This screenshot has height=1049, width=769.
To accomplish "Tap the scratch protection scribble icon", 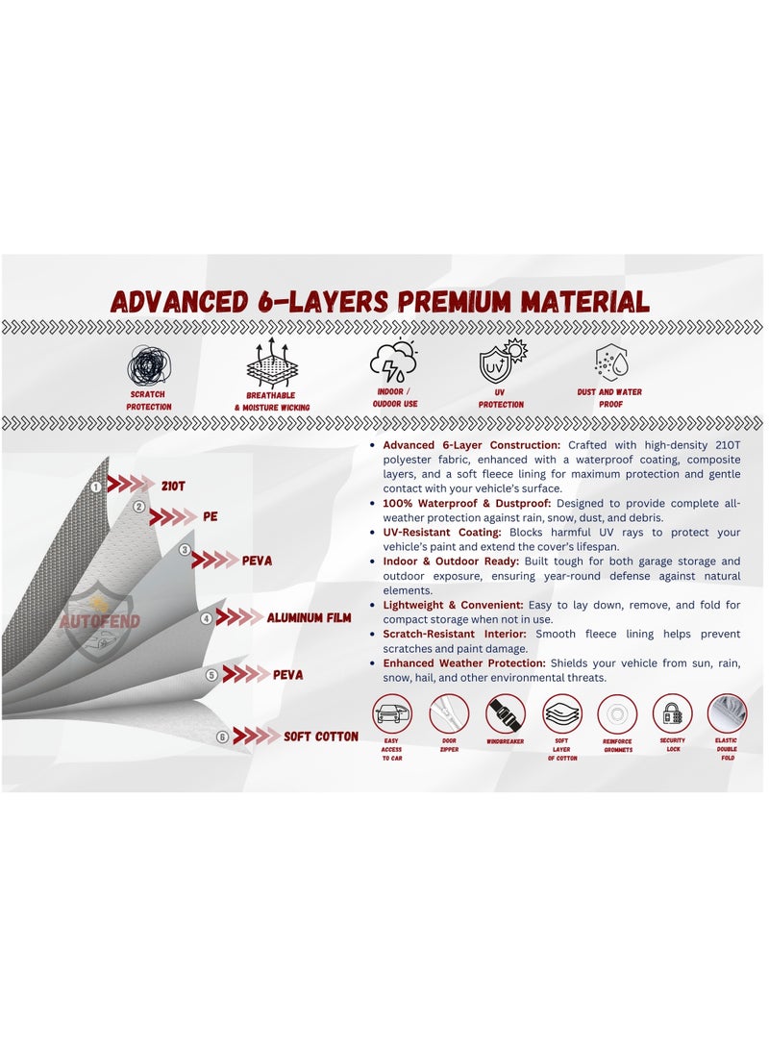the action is point(149,365).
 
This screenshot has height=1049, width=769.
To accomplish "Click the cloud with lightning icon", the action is point(394,362).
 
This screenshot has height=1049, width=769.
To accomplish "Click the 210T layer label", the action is point(174,485).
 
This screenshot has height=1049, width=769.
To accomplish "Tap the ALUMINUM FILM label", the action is point(310,618).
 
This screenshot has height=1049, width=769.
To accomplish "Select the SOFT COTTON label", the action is point(321,737).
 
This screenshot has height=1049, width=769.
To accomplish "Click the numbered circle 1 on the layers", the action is point(96,487).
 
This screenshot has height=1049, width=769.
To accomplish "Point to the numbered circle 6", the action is point(222,737).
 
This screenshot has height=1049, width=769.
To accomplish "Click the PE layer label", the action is point(211,516).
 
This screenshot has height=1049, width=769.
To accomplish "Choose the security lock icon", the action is point(672,714).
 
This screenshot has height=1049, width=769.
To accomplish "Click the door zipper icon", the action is point(449,714).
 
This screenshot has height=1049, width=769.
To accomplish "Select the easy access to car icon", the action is point(391,714).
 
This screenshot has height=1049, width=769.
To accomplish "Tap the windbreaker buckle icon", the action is point(506,714).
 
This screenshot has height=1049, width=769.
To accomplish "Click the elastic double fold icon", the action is point(727,713).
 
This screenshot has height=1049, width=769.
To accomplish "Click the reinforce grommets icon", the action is point(617,714).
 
